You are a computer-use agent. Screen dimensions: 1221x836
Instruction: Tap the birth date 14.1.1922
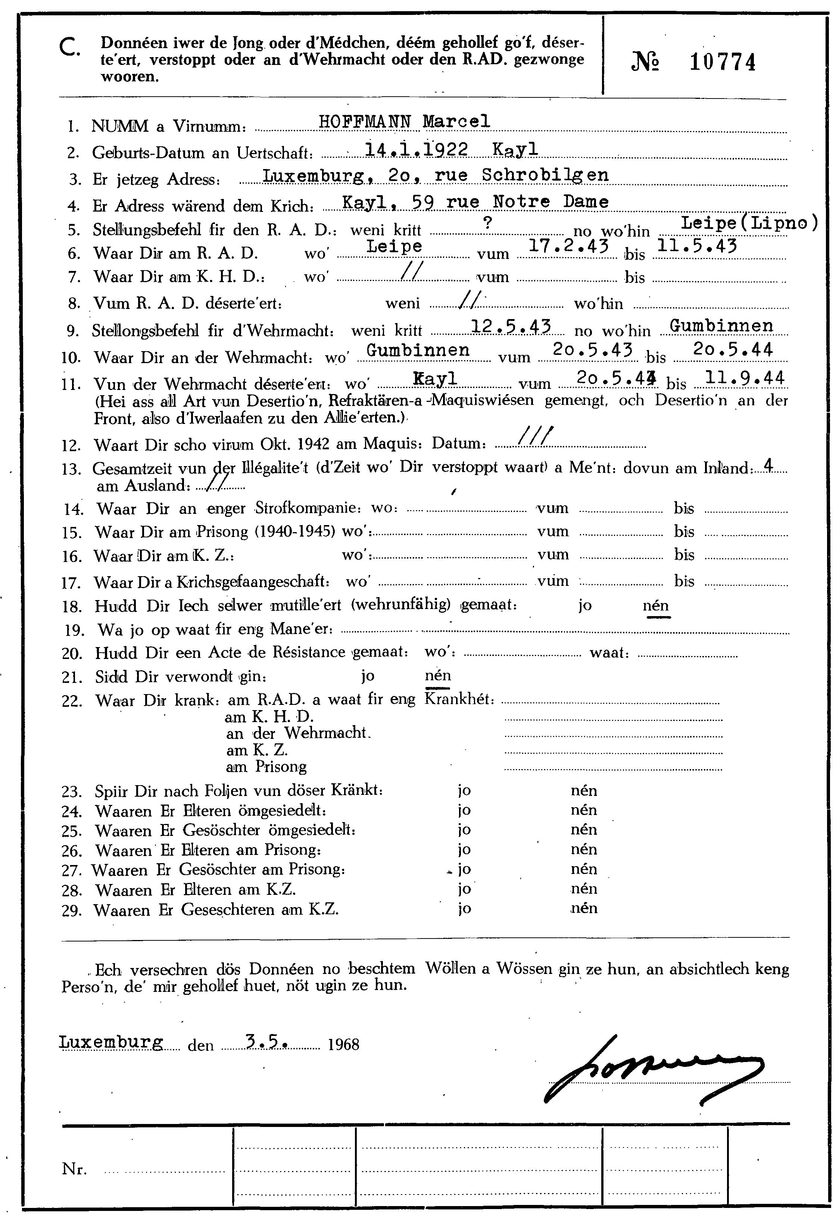(416, 150)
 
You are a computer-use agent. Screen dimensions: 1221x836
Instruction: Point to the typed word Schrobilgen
(545, 175)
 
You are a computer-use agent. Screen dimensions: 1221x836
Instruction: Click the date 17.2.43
(568, 245)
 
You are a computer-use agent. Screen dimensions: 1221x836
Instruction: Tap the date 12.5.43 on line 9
(511, 327)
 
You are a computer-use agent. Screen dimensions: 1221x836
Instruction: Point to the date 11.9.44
(745, 378)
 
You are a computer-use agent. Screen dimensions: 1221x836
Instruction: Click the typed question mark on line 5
(488, 223)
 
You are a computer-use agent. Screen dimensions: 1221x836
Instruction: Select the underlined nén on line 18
(656, 605)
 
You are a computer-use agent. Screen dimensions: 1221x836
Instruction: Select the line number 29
(72, 911)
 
